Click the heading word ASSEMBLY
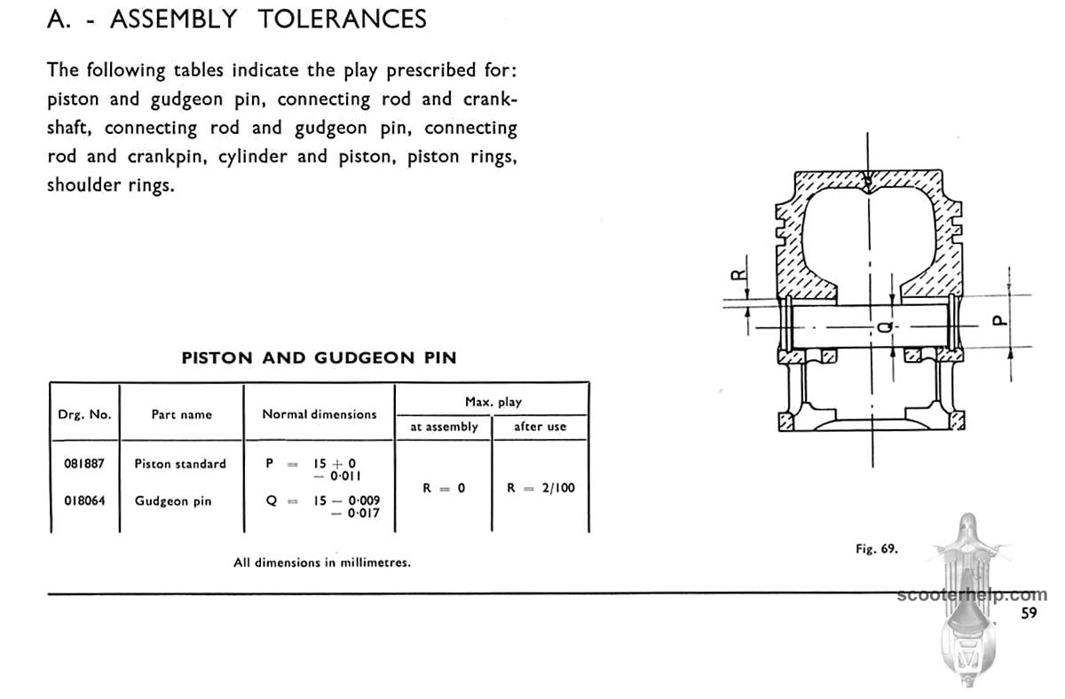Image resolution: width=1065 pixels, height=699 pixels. [174, 20]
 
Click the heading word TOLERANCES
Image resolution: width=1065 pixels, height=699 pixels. [343, 20]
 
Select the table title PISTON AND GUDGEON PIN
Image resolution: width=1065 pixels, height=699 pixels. [319, 357]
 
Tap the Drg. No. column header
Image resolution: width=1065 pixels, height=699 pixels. [84, 414]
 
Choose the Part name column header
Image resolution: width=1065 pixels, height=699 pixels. [182, 414]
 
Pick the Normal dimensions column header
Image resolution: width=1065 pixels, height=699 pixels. [319, 414]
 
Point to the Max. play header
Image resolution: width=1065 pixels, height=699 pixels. [493, 402]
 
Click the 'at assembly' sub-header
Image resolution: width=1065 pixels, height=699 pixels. [444, 427]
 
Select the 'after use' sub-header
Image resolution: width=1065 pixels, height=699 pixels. [540, 427]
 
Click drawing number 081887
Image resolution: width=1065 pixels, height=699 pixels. [84, 463]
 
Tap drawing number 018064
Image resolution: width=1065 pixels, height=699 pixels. [84, 501]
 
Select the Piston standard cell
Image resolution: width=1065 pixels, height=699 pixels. [180, 464]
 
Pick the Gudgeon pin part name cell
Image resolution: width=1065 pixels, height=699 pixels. [173, 501]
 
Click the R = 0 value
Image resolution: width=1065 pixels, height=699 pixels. [444, 488]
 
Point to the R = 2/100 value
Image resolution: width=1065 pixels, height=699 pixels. [540, 488]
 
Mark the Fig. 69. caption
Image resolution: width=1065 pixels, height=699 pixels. [877, 549]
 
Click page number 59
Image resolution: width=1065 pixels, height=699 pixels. [1029, 613]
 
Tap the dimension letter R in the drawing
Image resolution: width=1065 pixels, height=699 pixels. [738, 275]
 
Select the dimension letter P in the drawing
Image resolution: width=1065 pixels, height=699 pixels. [1000, 321]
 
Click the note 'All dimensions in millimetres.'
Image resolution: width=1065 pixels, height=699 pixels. [322, 562]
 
